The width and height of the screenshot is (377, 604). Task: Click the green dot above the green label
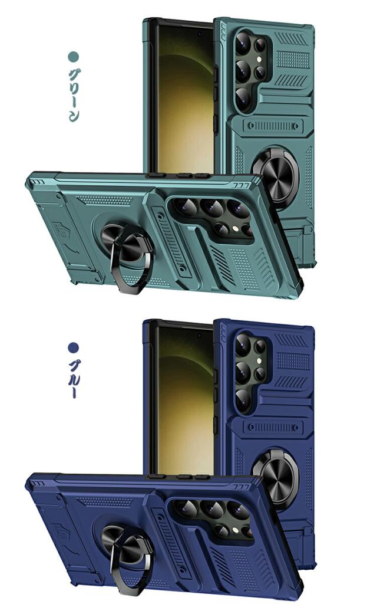tap(74, 57)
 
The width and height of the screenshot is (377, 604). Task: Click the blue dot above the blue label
tap(74, 348)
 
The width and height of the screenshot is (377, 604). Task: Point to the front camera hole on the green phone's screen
tap(199, 34)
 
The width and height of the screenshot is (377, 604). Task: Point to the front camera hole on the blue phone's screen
tap(199, 336)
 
